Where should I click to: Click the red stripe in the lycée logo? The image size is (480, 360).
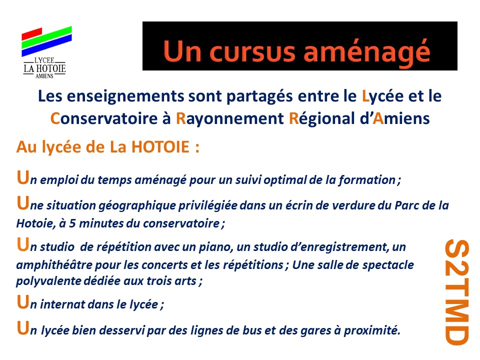point(32,33)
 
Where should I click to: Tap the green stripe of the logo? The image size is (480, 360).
point(46,37)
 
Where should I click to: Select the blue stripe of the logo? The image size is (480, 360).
point(46,45)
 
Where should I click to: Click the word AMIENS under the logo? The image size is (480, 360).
point(44,76)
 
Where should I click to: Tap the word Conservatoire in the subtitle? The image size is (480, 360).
point(104,119)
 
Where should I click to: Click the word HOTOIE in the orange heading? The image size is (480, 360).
point(160,147)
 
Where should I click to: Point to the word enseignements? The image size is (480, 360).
point(125,96)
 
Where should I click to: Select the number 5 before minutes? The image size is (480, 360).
point(72,223)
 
